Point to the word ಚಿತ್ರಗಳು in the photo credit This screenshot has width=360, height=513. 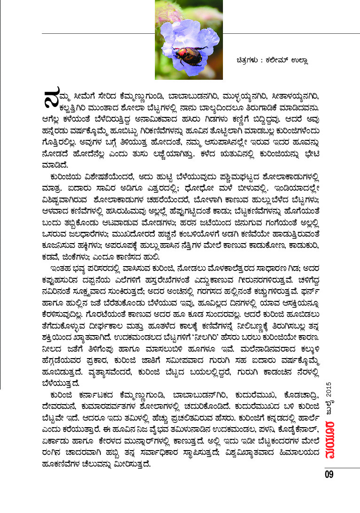(247, 60)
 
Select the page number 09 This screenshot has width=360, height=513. (328, 474)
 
